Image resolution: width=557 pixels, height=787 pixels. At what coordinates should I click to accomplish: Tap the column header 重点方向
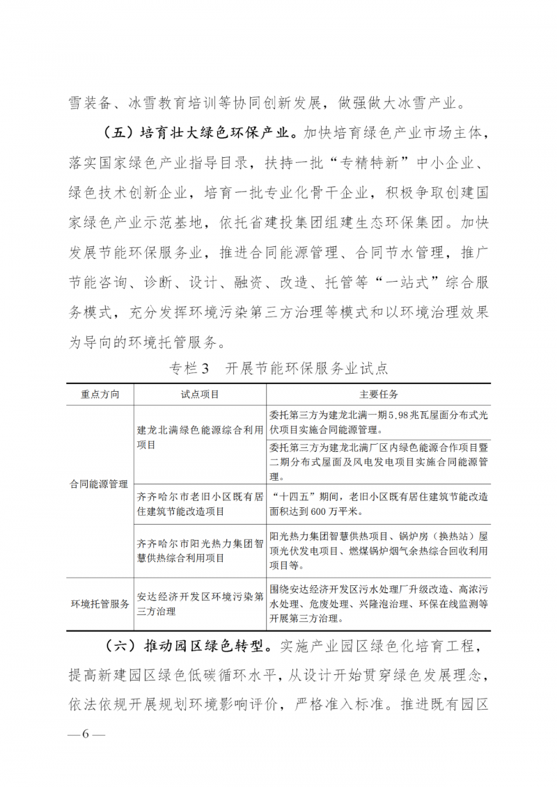point(100,395)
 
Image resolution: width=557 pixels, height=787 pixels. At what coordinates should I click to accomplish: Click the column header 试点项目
point(200,395)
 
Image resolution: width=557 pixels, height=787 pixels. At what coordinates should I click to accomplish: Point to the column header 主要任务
point(379,395)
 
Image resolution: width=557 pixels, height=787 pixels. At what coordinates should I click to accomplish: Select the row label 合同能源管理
point(100,483)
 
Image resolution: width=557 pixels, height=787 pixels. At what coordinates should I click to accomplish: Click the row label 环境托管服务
point(100,604)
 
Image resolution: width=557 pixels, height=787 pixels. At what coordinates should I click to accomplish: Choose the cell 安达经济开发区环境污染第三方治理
point(200,603)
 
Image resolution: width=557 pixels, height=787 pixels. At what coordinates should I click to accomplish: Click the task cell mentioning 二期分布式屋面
point(379,461)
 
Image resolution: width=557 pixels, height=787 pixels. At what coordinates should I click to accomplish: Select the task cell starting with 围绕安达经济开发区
point(379,603)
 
